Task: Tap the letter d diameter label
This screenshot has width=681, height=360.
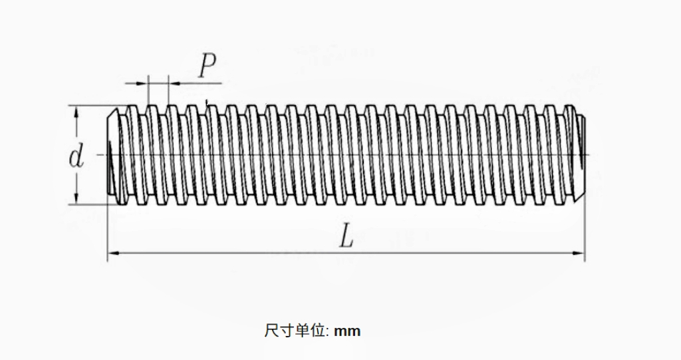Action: click(76, 157)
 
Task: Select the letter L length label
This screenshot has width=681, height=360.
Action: click(346, 236)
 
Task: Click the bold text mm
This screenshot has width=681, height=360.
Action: click(347, 330)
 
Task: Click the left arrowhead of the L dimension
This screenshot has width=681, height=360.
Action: click(112, 253)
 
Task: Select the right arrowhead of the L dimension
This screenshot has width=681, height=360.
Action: click(580, 253)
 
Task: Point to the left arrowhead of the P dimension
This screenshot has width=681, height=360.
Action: click(143, 83)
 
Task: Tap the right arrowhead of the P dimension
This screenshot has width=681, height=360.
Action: click(174, 83)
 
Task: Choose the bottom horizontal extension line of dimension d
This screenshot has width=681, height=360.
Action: click(90, 204)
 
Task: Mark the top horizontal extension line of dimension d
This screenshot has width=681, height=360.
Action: click(90, 106)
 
